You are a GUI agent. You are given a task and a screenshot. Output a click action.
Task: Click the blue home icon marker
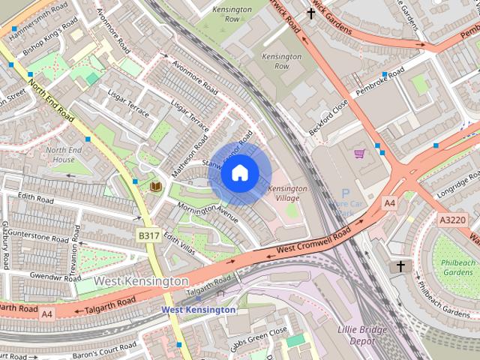point(239,173)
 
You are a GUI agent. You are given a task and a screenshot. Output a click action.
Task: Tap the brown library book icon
point(156,185)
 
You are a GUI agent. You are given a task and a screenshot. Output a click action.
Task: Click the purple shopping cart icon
point(359,154)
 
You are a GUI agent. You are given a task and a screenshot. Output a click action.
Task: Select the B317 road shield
point(148,235)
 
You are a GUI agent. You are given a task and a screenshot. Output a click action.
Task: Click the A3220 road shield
point(451,220)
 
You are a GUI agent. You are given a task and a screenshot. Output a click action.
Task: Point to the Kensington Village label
point(288,193)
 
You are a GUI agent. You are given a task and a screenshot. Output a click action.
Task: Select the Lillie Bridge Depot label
point(363,335)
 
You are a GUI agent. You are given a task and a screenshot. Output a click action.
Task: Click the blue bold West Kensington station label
point(199,310)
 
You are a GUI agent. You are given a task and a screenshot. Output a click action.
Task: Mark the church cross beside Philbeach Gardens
point(400,267)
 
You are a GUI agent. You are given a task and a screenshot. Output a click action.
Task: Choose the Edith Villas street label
point(178,242)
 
